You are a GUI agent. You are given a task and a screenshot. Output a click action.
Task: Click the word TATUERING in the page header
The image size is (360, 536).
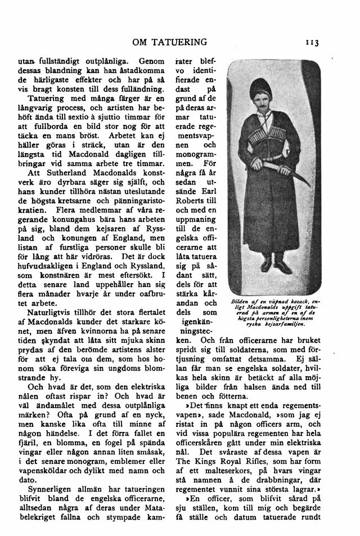tap(178, 42)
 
